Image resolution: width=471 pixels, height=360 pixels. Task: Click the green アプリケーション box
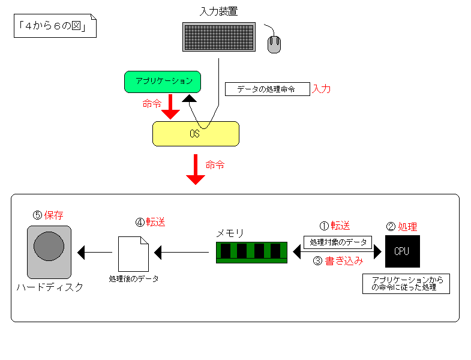pyautogui.click(x=162, y=82)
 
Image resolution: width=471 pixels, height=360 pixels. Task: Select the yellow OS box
pyautogui.click(x=196, y=134)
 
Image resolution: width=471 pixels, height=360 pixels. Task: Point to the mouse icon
pyautogui.click(x=275, y=44)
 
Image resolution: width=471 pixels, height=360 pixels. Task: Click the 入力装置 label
pyautogui.click(x=218, y=11)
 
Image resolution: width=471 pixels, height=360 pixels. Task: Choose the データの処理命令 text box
pyautogui.click(x=267, y=89)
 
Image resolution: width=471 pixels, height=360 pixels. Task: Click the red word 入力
pyautogui.click(x=322, y=89)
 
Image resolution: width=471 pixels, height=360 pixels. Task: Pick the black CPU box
pyautogui.click(x=401, y=251)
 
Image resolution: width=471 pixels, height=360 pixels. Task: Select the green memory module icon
pyautogui.click(x=251, y=252)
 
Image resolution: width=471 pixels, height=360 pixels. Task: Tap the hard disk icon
pyautogui.click(x=49, y=252)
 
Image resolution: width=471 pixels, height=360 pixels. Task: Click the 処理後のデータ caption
pyautogui.click(x=134, y=279)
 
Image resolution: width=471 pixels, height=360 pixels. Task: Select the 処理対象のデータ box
pyautogui.click(x=337, y=242)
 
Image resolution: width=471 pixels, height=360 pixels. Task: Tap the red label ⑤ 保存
pyautogui.click(x=48, y=215)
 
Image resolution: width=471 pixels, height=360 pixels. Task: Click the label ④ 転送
pyautogui.click(x=150, y=222)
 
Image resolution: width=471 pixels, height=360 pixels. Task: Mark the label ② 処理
pyautogui.click(x=401, y=227)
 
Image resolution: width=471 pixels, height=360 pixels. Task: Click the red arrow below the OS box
pyautogui.click(x=196, y=169)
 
